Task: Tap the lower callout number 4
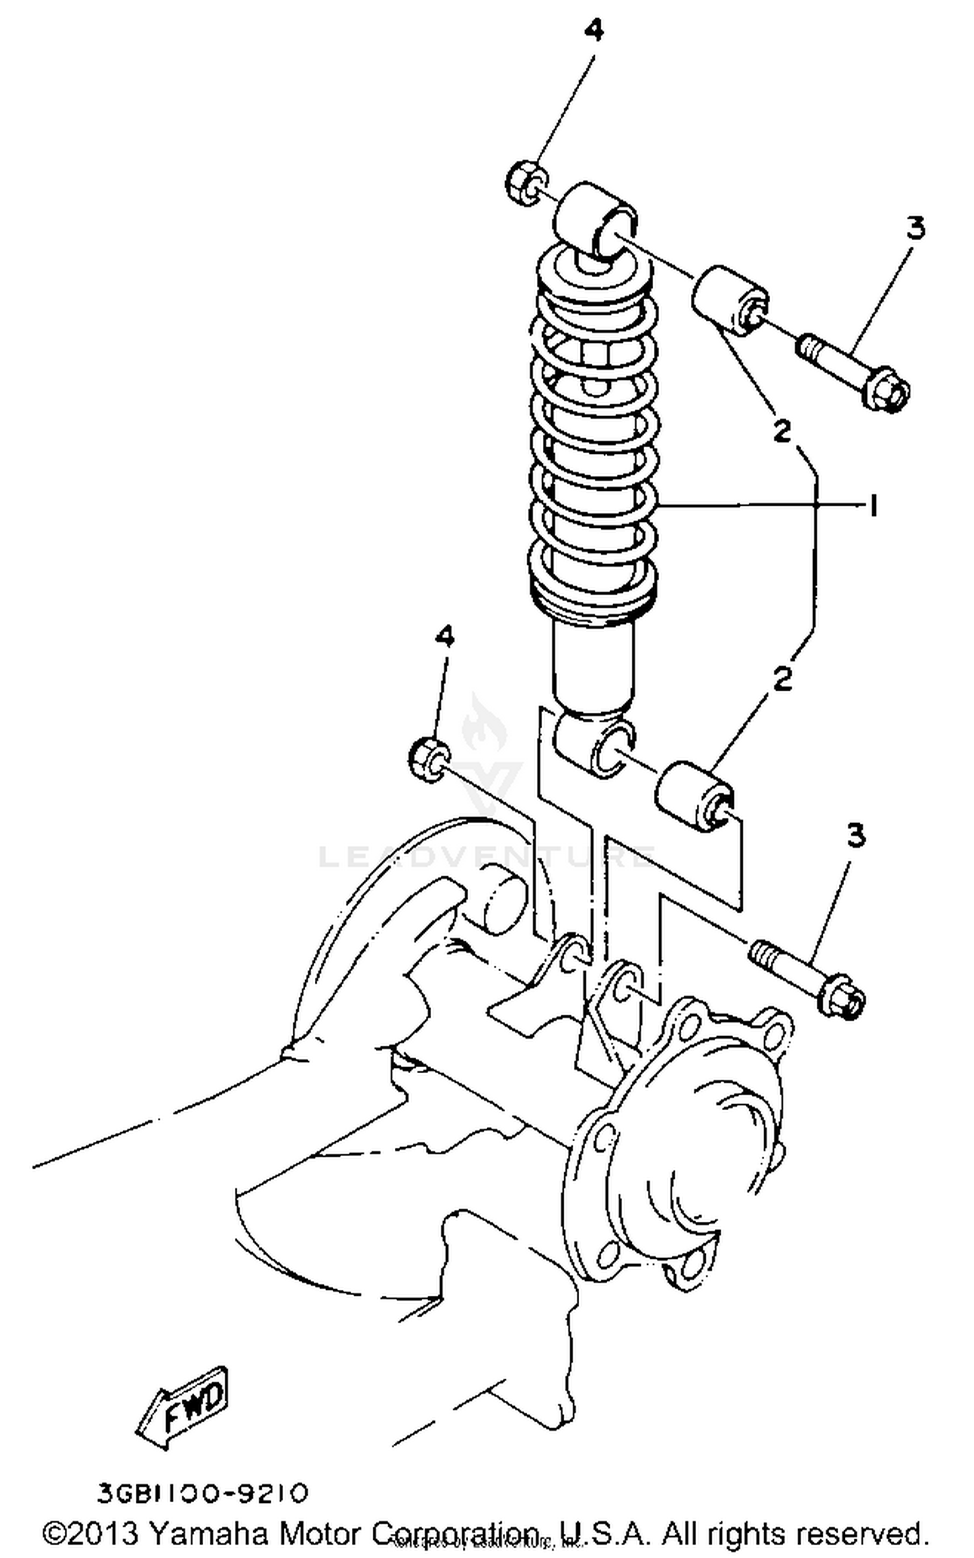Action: click(x=444, y=637)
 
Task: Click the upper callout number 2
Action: click(x=782, y=430)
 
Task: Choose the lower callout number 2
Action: click(x=783, y=679)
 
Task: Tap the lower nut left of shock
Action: click(x=429, y=760)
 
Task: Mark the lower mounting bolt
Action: click(x=808, y=979)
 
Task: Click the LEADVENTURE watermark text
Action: click(x=487, y=857)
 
